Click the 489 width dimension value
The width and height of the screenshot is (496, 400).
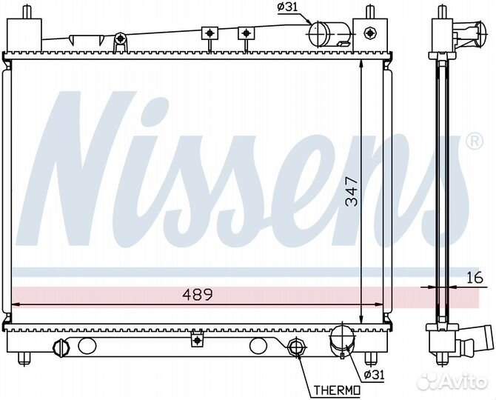198,295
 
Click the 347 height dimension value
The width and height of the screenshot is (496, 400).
352,192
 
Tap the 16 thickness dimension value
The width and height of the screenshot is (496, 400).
475,277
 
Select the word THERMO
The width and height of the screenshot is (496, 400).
337,390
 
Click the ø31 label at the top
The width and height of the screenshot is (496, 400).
287,7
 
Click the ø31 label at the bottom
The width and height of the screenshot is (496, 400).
375,375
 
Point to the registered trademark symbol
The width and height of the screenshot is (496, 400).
475,141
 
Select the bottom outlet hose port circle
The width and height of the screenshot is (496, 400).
342,336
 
